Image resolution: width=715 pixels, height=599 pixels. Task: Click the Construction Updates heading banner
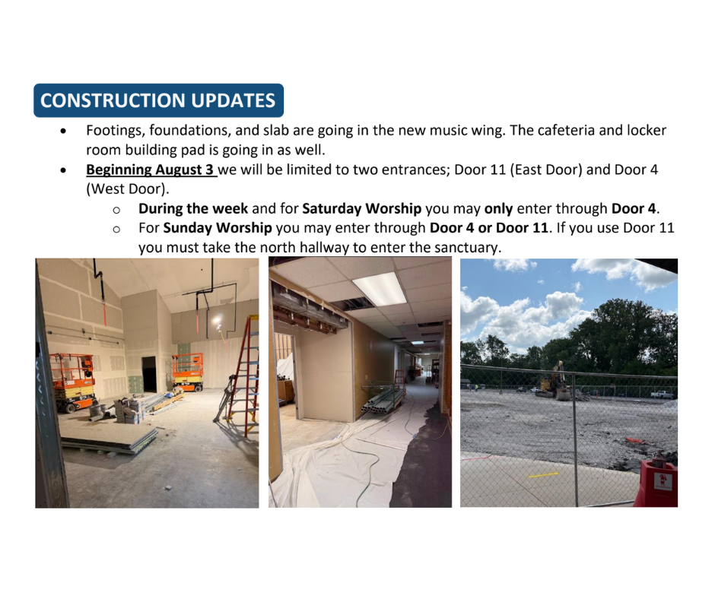[x=159, y=100]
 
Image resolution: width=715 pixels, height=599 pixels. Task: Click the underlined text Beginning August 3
[x=150, y=170]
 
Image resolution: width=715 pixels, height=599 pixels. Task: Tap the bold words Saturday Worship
[x=361, y=208]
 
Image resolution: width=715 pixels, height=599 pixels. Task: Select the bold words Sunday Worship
[x=218, y=227]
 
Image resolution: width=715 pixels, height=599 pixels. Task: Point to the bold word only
[x=498, y=209]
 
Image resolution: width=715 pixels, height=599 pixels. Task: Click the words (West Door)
[x=127, y=189]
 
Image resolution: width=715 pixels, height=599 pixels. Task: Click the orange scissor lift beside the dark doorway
[x=187, y=372]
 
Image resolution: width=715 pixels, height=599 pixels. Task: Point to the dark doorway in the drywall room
[x=149, y=374]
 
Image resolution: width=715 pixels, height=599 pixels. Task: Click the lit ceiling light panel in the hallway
[x=380, y=289]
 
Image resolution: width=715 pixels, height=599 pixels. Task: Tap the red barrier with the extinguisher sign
[x=656, y=483]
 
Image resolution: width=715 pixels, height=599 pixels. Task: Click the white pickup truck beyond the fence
[x=661, y=395]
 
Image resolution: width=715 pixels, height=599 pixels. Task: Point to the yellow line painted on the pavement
[x=543, y=475]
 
